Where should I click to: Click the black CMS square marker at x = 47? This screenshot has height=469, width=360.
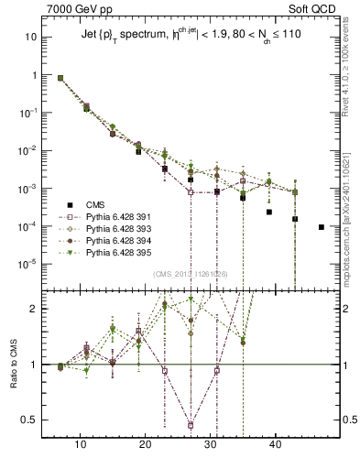[x=321, y=226]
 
